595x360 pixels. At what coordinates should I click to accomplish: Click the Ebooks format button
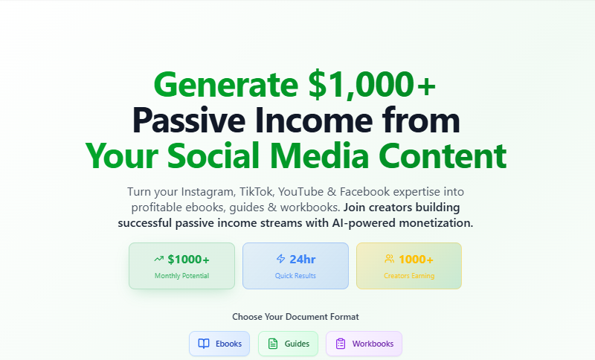[219, 344]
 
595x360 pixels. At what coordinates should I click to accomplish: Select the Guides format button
[288, 344]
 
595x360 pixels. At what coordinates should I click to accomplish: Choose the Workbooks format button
[364, 344]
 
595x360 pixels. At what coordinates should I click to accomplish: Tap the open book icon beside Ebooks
[204, 344]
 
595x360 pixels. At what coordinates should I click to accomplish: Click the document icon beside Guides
[273, 344]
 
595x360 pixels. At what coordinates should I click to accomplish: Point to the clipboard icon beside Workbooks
[341, 344]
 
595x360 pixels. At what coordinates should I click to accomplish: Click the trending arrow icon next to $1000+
[158, 259]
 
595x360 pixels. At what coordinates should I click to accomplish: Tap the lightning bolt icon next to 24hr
[280, 259]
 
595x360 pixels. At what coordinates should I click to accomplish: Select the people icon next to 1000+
[389, 259]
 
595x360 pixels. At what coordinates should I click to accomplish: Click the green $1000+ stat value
[188, 260]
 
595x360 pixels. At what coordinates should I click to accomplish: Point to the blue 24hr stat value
[303, 260]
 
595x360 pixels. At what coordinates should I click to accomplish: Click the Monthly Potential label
[181, 276]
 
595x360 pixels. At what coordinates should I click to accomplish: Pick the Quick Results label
[295, 276]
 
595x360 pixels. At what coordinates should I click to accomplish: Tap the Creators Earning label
[408, 276]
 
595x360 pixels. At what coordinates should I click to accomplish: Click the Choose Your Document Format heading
[295, 317]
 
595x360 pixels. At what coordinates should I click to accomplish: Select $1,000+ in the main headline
[372, 85]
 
